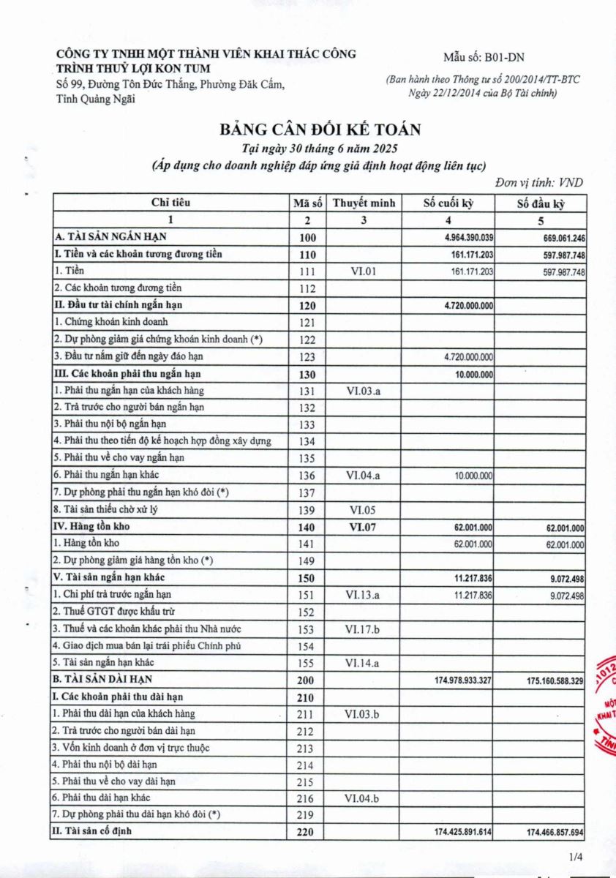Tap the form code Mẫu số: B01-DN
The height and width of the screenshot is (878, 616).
click(484, 57)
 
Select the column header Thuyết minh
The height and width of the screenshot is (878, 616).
click(364, 203)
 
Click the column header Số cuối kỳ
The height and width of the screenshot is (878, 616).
click(448, 203)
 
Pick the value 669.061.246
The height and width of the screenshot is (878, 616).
click(555, 238)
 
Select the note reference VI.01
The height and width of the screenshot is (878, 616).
click(363, 271)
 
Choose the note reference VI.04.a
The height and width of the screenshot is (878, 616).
click(363, 476)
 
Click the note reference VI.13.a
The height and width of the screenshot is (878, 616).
click(363, 595)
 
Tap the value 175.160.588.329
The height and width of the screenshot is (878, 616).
click(554, 680)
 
